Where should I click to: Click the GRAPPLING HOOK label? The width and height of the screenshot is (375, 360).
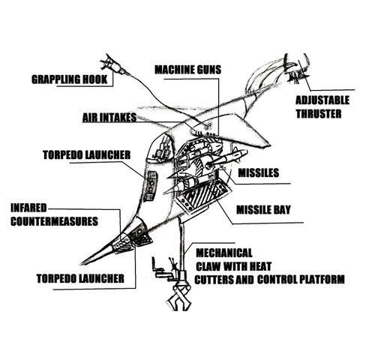(69, 79)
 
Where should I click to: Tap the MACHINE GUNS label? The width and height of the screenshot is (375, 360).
(187, 70)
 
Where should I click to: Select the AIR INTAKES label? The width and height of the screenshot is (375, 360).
(109, 118)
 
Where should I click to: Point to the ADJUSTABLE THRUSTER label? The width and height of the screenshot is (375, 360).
(322, 107)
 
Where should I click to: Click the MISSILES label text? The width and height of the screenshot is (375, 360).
(258, 172)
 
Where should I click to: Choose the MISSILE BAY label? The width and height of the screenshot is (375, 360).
(263, 210)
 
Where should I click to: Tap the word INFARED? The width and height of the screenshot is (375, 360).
(28, 208)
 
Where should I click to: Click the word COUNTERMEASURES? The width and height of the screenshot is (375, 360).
(54, 221)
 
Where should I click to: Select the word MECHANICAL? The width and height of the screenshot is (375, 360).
(224, 253)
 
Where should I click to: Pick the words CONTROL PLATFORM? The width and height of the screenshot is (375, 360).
(301, 279)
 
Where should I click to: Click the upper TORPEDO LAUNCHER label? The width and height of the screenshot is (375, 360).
(86, 155)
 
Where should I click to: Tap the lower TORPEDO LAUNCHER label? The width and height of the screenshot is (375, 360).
(80, 278)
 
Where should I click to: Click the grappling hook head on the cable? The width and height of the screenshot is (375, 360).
(114, 64)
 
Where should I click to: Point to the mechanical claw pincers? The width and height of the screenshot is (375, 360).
(179, 298)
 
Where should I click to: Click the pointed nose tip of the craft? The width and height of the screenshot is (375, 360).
(81, 264)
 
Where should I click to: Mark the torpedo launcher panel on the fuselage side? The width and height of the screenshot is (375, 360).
(151, 185)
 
